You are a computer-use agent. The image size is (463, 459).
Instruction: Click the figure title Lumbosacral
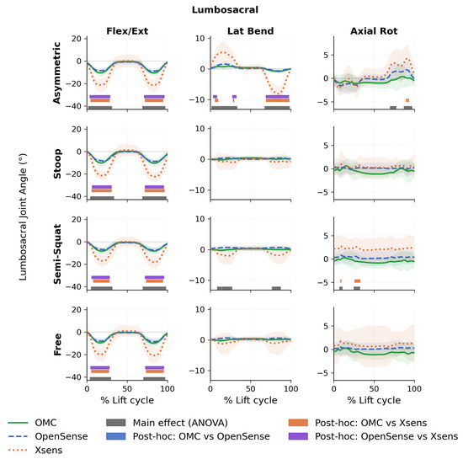pyautogui.click(x=225, y=10)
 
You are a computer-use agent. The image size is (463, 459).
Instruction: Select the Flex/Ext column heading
pyautogui.click(x=127, y=31)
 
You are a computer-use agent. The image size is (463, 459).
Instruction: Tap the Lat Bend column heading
pyautogui.click(x=250, y=31)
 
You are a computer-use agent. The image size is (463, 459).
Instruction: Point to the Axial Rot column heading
pyautogui.click(x=374, y=31)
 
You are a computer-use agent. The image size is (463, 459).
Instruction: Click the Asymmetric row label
pyautogui.click(x=56, y=72)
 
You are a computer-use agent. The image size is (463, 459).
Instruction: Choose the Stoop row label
pyautogui.click(x=57, y=163)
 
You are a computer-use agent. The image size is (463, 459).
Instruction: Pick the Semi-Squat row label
pyautogui.click(x=57, y=254)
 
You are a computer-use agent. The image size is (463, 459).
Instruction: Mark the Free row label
pyautogui.click(x=57, y=344)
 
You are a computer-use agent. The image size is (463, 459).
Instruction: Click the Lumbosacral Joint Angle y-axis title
pyautogui.click(x=23, y=217)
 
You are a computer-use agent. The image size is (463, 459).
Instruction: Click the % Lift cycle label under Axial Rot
pyautogui.click(x=374, y=400)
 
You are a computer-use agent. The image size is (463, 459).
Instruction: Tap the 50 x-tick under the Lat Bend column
pyautogui.click(x=250, y=389)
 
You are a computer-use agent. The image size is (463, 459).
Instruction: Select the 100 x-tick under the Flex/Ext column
pyautogui.click(x=168, y=389)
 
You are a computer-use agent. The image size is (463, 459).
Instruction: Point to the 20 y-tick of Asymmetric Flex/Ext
pyautogui.click(x=77, y=39)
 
